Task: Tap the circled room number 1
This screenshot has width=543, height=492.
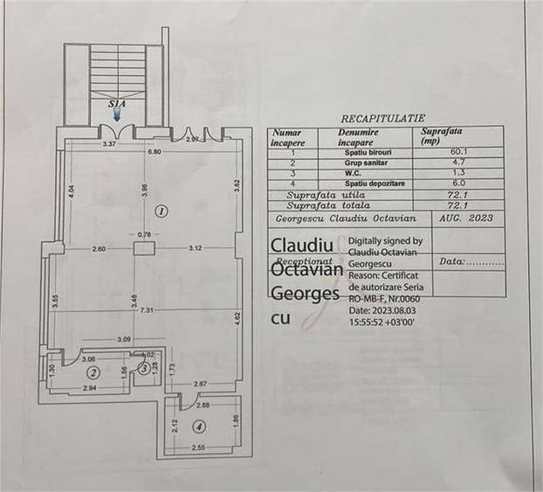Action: (161, 210)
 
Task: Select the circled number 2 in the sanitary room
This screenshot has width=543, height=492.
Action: (93, 371)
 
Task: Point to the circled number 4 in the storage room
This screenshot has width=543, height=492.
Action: (199, 426)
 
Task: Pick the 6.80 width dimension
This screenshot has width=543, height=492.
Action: (154, 152)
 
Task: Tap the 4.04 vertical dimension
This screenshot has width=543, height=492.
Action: (72, 191)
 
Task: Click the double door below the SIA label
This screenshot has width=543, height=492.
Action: (117, 132)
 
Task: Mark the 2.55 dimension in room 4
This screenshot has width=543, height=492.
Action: (200, 447)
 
